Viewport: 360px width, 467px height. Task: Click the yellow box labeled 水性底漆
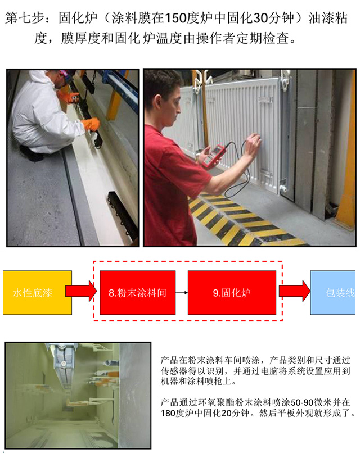37,292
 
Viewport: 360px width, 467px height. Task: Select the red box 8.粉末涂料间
137,292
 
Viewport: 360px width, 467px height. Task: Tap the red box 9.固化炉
232,292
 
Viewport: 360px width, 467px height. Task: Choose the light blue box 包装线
333,292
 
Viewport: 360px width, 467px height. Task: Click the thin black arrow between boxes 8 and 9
182,293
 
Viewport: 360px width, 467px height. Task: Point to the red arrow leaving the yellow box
81,291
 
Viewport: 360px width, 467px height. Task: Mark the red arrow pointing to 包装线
294,291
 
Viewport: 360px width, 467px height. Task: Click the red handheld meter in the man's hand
212,156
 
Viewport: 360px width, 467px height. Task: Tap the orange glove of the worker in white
91,124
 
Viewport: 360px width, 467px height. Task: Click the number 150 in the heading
175,18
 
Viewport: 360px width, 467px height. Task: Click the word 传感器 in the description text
174,371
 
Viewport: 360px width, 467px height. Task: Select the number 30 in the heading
260,18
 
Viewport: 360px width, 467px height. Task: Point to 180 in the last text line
168,414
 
